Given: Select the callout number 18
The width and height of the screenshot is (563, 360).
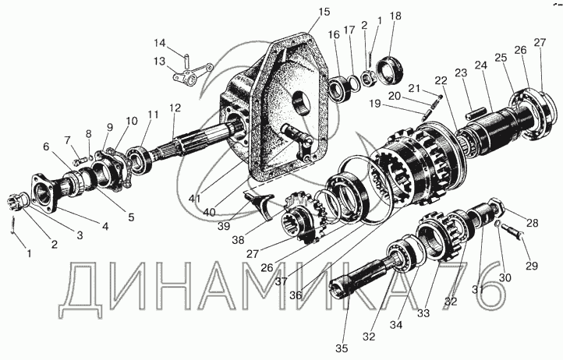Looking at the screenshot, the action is pyautogui.click(x=395, y=16).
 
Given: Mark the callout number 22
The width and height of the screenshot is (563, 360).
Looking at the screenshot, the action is pyautogui.click(x=441, y=80).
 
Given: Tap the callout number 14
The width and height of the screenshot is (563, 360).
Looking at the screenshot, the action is pyautogui.click(x=159, y=43).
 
